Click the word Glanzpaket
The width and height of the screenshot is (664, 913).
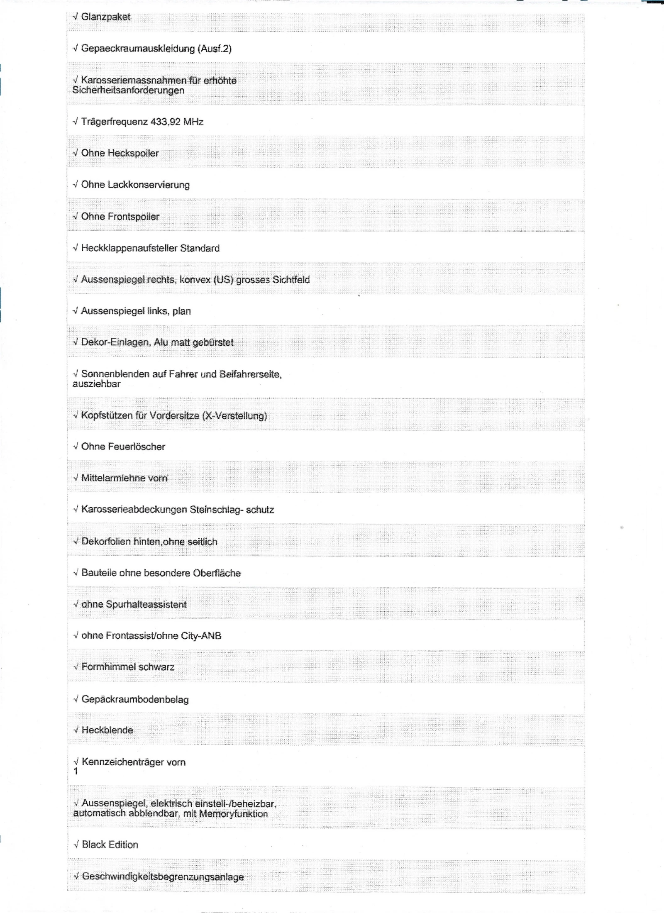pos(105,17)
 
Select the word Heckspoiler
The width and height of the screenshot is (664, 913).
pos(133,154)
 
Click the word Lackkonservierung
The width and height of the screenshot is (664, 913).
pos(149,185)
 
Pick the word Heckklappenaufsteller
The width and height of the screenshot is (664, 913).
pos(129,248)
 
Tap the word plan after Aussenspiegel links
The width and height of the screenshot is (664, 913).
pos(182,311)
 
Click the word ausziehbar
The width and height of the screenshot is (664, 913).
pos(96,384)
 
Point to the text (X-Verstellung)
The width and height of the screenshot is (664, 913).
pos(234,416)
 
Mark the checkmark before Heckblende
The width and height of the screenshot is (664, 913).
pos(76,730)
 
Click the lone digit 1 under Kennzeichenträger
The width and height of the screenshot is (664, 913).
pos(76,771)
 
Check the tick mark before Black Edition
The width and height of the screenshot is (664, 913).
pos(76,845)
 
